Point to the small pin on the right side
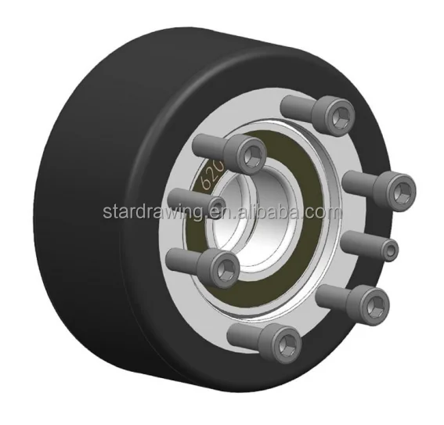387,248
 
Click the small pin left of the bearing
215,205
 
